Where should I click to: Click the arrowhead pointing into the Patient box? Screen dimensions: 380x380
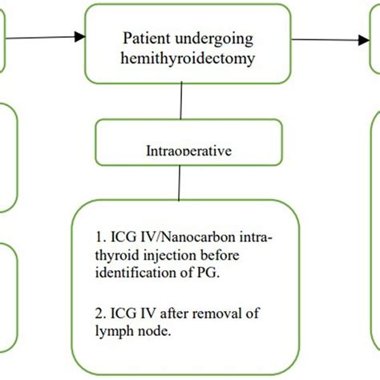click(79, 36)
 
